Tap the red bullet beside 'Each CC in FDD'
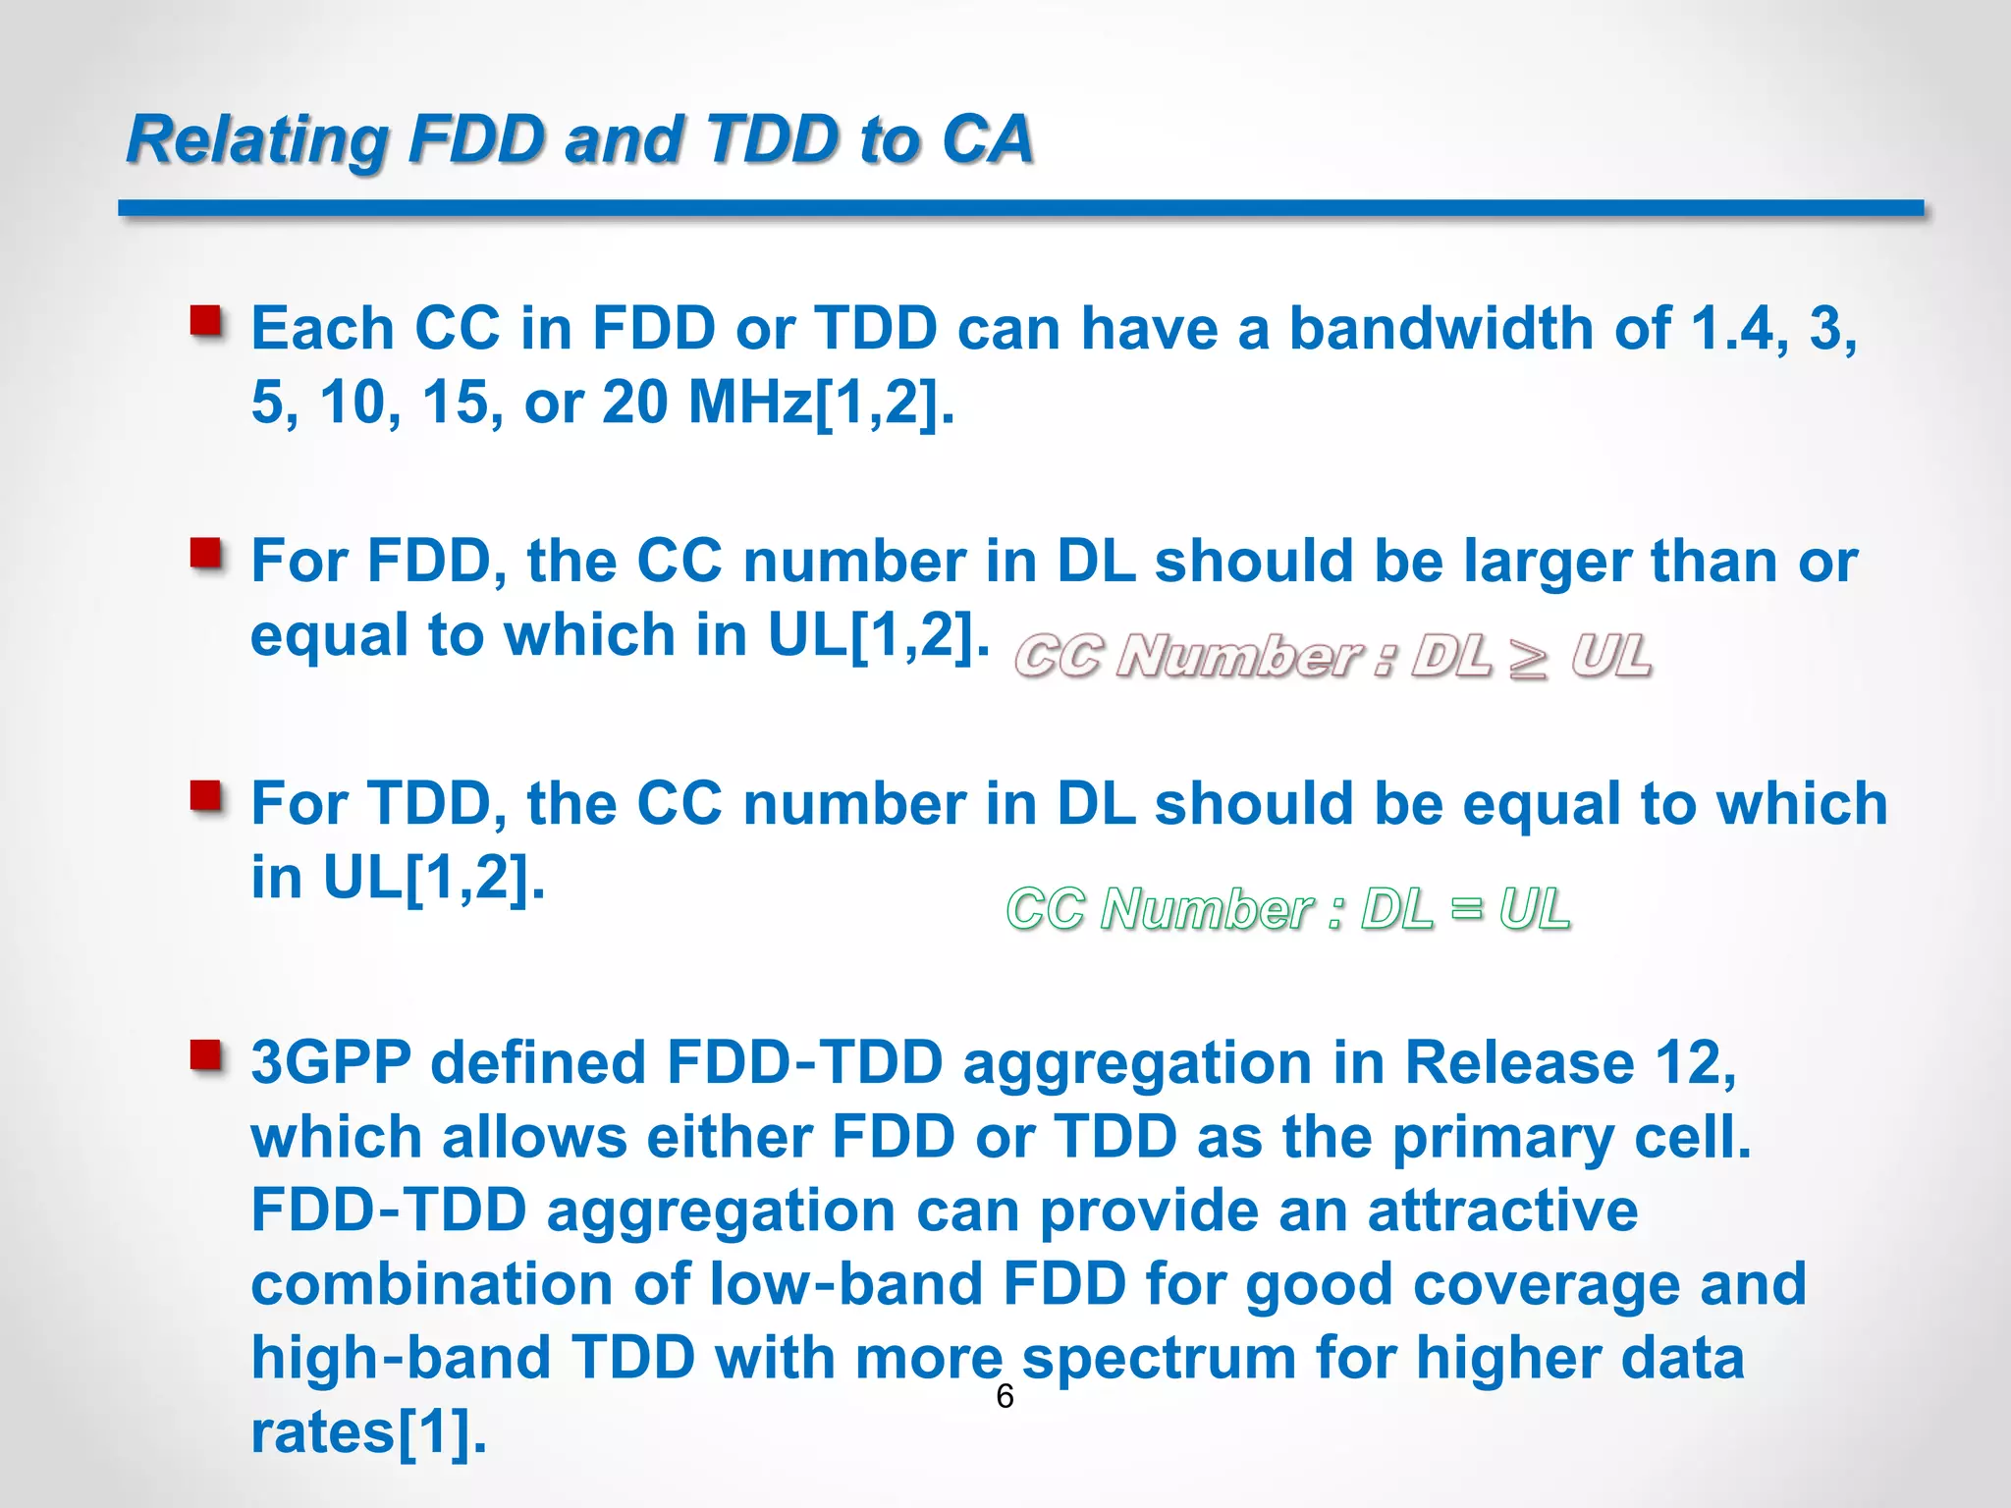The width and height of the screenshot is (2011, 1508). (206, 321)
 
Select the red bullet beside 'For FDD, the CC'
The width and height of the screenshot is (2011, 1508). (206, 554)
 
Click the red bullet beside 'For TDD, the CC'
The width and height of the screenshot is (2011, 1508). (206, 796)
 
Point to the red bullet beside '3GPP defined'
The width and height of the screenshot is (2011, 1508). (206, 1056)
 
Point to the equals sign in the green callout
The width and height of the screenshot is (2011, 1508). (1465, 907)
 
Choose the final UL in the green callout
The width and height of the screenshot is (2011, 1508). (1534, 908)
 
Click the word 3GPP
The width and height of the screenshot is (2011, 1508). (331, 1063)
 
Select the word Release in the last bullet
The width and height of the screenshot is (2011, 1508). (1519, 1063)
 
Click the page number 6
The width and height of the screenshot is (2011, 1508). (1005, 1396)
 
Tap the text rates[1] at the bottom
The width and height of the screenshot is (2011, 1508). (368, 1432)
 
